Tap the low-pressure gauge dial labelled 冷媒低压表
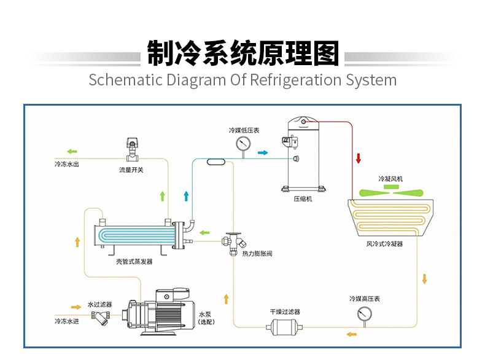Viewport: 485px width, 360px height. (243, 144)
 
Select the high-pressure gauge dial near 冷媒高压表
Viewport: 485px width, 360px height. (364, 314)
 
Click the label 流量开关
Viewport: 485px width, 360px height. (131, 170)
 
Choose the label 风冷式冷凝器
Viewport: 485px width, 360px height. (384, 244)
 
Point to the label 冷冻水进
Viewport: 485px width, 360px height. (66, 321)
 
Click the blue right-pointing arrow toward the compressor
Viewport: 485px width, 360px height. (263, 152)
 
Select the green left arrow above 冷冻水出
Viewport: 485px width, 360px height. (72, 151)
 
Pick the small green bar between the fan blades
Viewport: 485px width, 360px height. (390, 186)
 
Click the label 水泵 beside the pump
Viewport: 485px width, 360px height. (205, 315)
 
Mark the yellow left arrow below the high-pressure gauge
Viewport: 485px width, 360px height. (352, 334)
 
